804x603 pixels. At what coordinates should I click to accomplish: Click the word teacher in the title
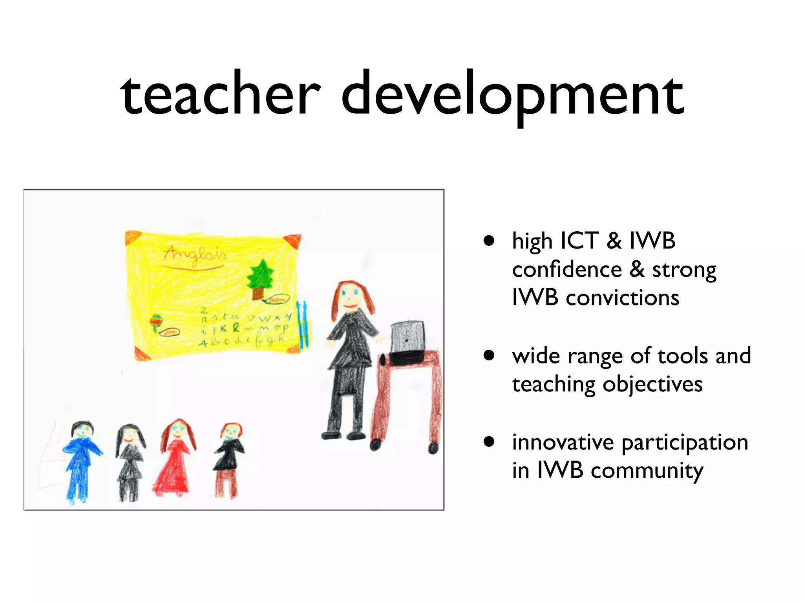pos(220,94)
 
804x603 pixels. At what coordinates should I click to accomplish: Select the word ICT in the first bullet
pos(579,241)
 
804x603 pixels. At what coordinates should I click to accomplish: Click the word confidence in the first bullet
pos(567,270)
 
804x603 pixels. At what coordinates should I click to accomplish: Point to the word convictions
pos(622,298)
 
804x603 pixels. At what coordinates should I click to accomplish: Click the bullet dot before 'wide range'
pos(489,356)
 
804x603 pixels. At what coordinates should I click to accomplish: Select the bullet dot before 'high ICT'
pos(489,241)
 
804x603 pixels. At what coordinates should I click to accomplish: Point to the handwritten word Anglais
pos(195,255)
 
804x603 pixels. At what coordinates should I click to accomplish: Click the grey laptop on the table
pos(407,338)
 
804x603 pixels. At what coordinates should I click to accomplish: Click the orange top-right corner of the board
pos(293,240)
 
